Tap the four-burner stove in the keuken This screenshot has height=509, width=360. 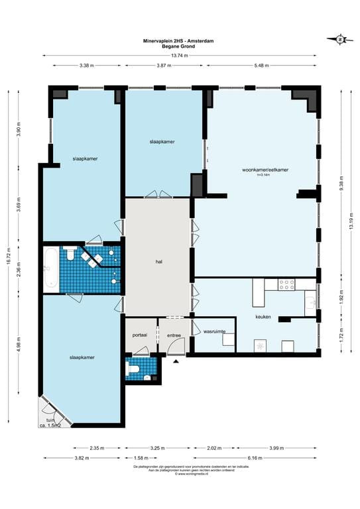coord(286,284)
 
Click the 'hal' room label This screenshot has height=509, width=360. coord(159,262)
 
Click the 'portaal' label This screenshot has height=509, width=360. coord(140,335)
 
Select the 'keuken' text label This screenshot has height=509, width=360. coord(263,317)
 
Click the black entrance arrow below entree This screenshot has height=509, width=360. coord(176,362)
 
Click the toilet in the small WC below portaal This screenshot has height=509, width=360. coord(133,369)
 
